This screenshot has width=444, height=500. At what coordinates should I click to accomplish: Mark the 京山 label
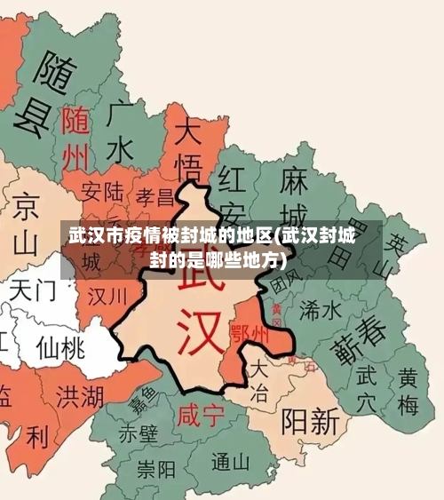pos(26,222)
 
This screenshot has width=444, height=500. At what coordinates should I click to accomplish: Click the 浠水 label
pos(321,309)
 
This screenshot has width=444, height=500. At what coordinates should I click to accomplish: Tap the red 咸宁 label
pos(199,415)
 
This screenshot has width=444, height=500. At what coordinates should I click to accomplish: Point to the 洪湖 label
pos(79,394)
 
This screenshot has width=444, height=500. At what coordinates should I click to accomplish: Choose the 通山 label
pos(232,462)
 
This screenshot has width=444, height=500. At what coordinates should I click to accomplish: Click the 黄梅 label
pos(408,391)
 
